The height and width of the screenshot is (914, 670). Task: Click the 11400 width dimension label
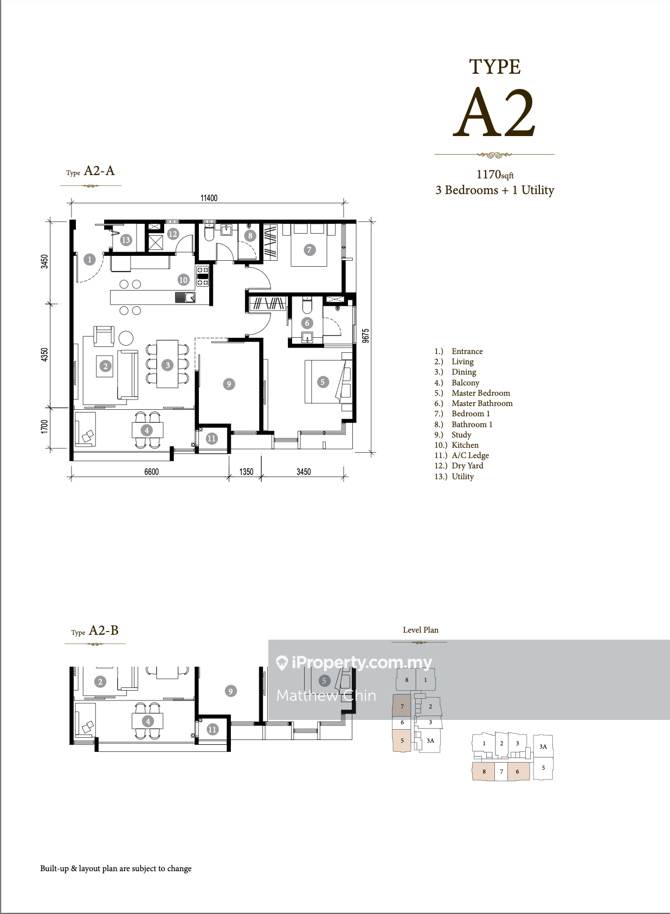[x=209, y=198]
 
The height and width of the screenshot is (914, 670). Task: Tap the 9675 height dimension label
[x=366, y=336]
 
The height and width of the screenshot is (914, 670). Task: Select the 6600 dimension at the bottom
[x=151, y=472]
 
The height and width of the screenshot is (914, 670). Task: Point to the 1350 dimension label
[x=246, y=472]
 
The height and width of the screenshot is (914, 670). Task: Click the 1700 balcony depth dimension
[x=44, y=427]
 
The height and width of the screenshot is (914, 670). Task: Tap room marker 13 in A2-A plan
[x=126, y=240]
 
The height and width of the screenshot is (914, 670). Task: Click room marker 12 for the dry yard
[x=172, y=234]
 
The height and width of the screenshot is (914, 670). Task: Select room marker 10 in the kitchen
[x=183, y=280]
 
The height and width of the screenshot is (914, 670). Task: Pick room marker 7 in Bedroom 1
[x=310, y=250]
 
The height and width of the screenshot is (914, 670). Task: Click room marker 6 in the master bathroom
[x=307, y=323]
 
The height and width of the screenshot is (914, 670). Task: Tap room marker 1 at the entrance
[x=90, y=259]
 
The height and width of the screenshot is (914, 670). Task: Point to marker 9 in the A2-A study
[x=229, y=384]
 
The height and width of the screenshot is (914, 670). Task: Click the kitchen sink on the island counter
[x=185, y=298]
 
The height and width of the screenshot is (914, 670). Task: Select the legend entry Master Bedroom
[x=481, y=393]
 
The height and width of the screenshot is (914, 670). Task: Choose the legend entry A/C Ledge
[x=470, y=455]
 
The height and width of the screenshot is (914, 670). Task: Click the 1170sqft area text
[x=495, y=175]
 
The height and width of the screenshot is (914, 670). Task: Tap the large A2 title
[x=494, y=112]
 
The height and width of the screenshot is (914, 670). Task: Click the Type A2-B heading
[x=95, y=630]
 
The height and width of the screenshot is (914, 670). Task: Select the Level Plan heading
[x=421, y=629]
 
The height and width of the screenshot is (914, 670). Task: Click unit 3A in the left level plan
[x=430, y=741]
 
